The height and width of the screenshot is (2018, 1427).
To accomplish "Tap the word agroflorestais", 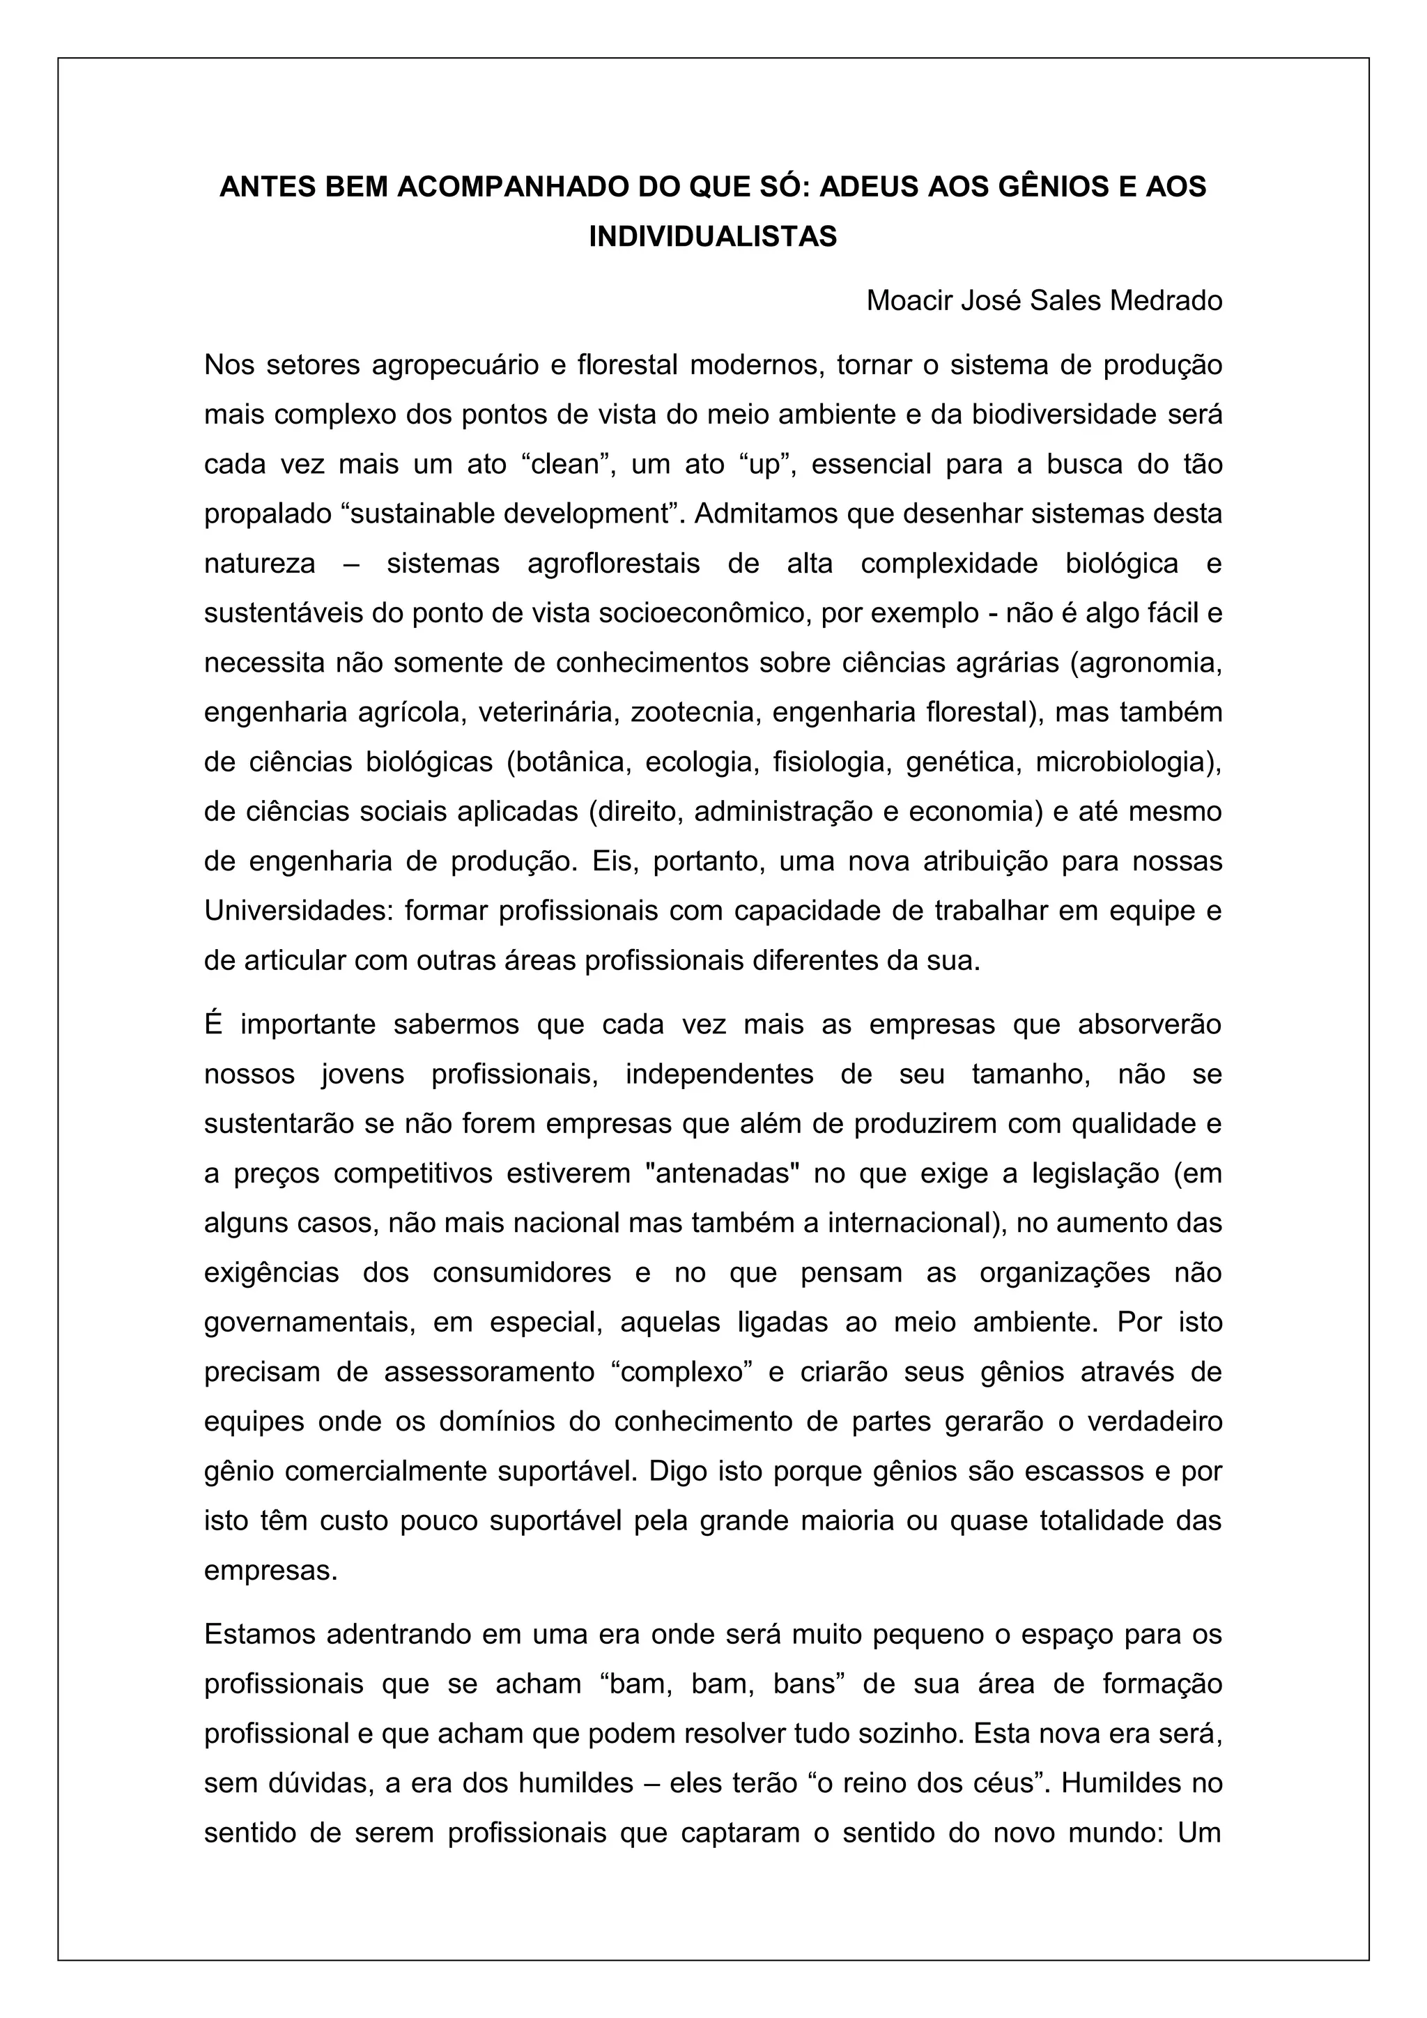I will (x=613, y=564).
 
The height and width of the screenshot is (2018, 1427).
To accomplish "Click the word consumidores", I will (x=522, y=1272).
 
